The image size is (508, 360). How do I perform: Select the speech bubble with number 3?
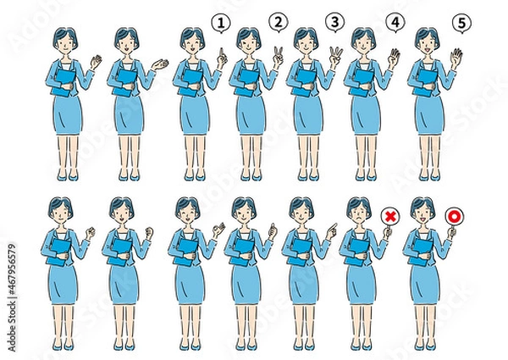pos(337,21)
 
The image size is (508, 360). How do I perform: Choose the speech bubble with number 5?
pos(461,23)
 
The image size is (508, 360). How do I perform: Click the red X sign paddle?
pos(390,217)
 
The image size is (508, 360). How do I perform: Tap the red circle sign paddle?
pos(453,217)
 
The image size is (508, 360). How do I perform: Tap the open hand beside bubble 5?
pos(457,59)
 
